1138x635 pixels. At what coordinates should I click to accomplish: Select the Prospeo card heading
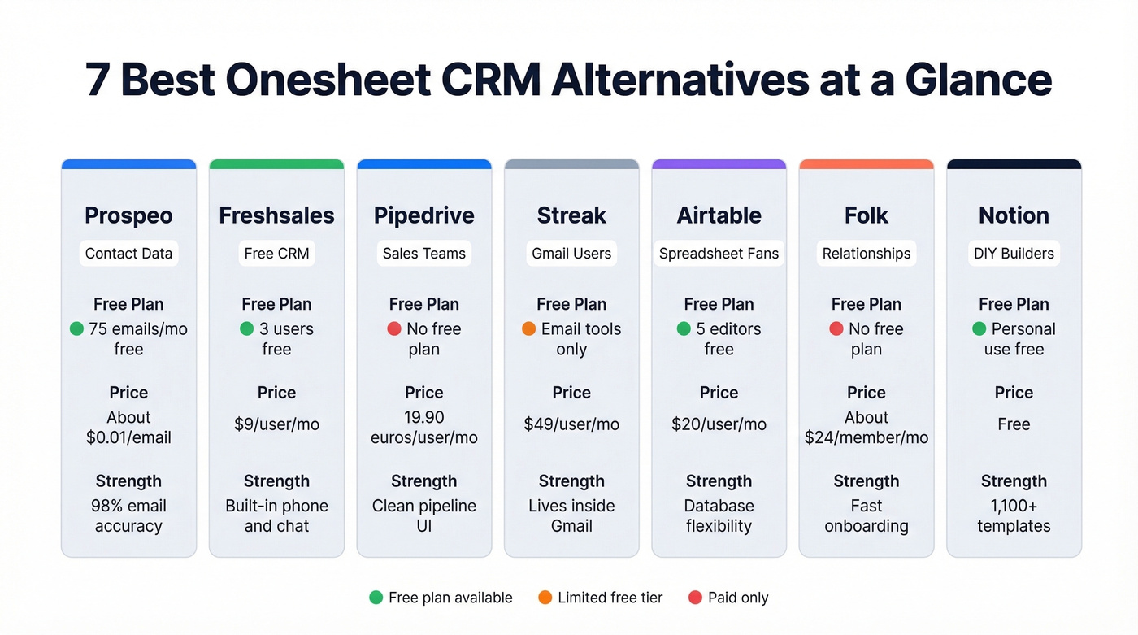pos(128,215)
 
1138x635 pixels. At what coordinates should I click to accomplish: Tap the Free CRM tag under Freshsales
pos(276,254)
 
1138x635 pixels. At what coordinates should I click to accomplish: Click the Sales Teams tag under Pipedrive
pos(424,254)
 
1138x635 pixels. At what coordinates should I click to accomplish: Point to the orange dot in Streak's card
pos(528,329)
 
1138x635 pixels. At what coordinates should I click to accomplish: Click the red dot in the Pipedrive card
pos(394,329)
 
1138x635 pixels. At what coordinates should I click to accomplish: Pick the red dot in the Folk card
pos(836,329)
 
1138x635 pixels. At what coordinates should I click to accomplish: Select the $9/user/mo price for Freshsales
pos(276,424)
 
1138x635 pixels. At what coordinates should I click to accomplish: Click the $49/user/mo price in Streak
pos(571,424)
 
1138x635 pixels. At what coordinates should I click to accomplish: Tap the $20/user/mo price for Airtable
pos(719,424)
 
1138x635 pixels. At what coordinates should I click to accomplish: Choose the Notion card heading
pos(1014,215)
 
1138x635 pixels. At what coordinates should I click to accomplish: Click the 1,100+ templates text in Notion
pos(1014,515)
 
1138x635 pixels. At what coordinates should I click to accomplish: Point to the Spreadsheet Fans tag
pos(719,254)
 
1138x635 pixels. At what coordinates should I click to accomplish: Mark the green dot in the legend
pos(376,598)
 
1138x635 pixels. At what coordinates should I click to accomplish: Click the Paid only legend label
pos(737,598)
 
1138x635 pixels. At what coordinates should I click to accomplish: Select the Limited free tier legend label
pos(610,598)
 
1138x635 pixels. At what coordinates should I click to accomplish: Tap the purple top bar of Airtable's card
pos(719,164)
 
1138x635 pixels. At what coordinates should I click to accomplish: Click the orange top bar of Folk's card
pos(867,164)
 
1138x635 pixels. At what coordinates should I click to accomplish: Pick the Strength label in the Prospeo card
pos(128,481)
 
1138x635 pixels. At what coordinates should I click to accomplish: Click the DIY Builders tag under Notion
pos(1014,254)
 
